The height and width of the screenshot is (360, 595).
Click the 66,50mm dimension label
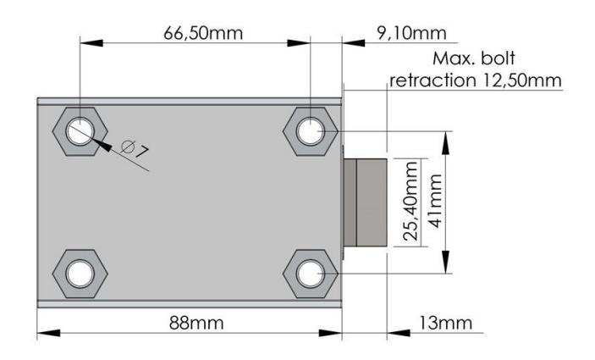(203, 33)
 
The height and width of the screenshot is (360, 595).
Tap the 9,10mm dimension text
(411, 33)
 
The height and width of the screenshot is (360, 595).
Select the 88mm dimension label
(196, 323)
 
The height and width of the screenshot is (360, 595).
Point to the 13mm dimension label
(445, 323)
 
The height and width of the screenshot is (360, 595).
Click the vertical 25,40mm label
(410, 202)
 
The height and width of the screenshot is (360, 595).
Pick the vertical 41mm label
(435, 201)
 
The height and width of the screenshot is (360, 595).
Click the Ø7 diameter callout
(135, 148)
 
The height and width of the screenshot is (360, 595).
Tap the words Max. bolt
(474, 58)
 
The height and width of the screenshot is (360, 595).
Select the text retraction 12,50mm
(476, 80)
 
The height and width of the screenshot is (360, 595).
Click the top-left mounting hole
(80, 131)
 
